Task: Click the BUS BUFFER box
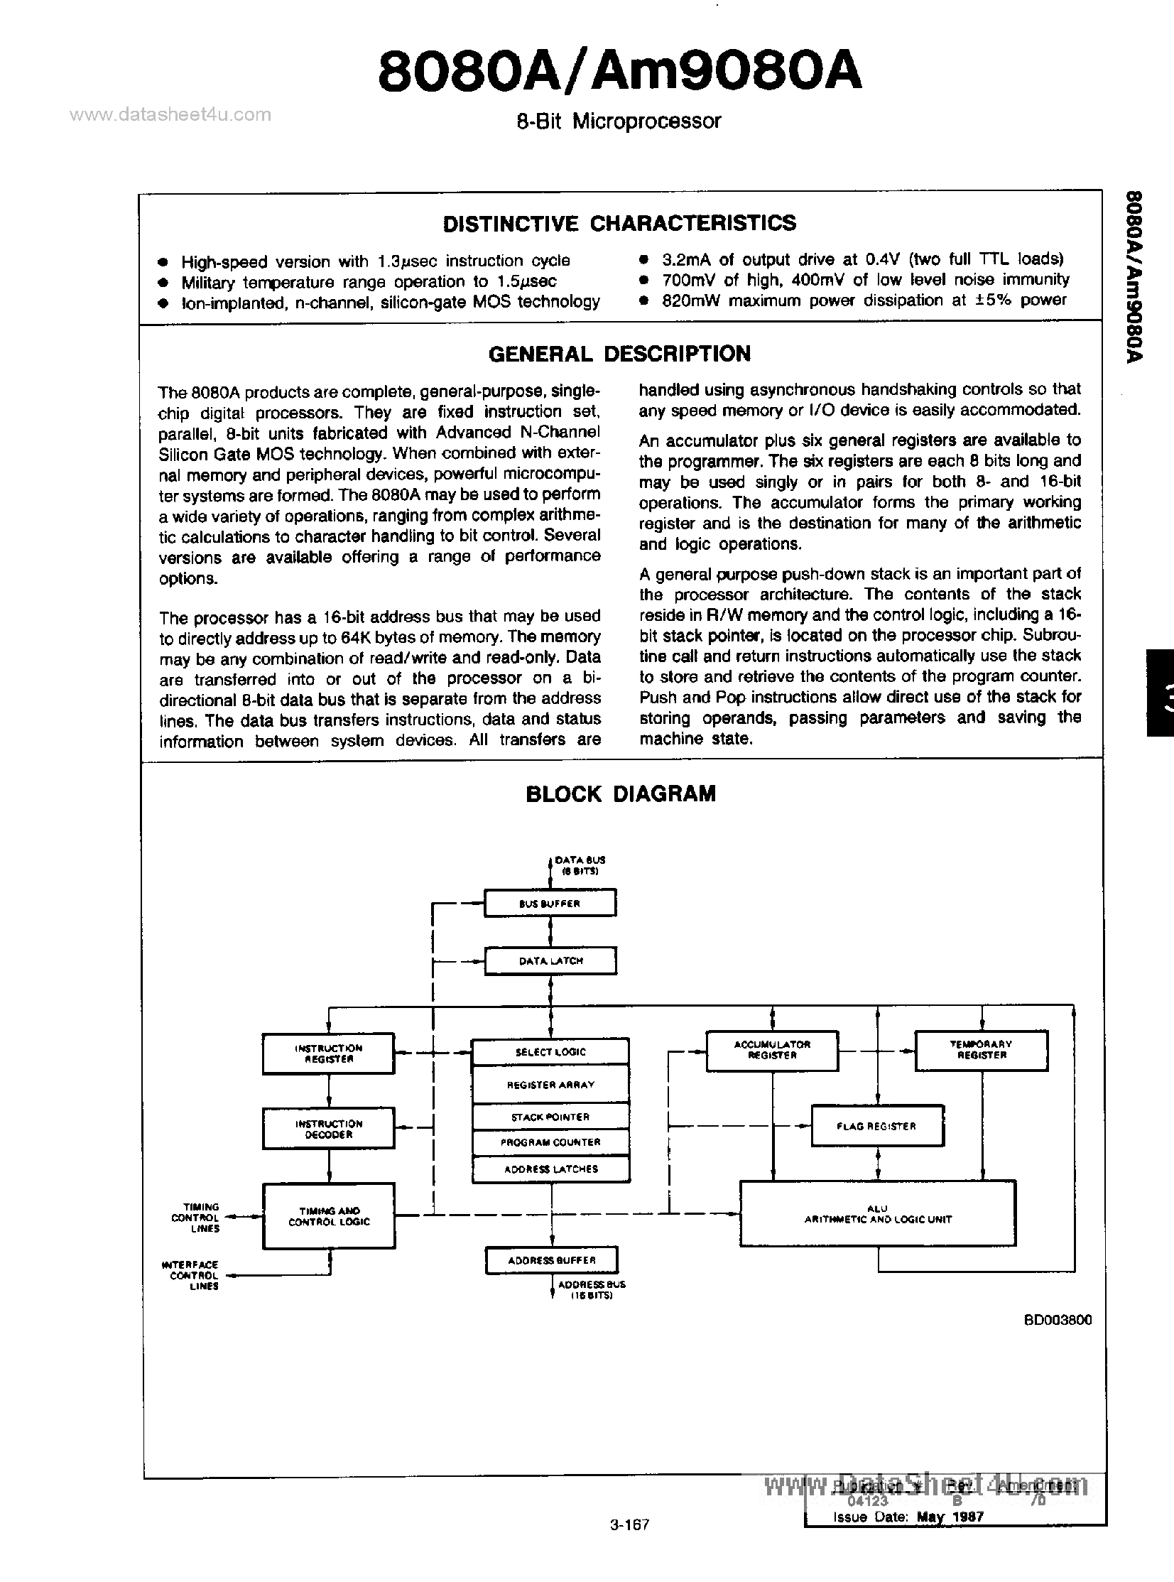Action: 550,904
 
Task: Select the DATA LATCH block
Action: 550,961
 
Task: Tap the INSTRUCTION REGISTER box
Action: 328,1053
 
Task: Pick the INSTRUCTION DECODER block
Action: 328,1129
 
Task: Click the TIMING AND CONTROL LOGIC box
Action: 328,1216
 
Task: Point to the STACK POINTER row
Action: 550,1117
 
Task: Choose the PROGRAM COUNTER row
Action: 550,1142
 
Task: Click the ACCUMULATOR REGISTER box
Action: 772,1050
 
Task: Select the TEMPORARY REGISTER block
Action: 981,1050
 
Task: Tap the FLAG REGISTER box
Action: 877,1126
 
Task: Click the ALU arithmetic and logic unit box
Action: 877,1214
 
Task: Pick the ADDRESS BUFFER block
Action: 551,1260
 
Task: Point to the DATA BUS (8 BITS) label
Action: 579,865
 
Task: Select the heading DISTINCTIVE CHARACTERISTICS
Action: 619,223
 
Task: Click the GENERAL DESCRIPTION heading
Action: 619,354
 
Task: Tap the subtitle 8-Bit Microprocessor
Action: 619,121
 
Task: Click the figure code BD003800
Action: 1058,1320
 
